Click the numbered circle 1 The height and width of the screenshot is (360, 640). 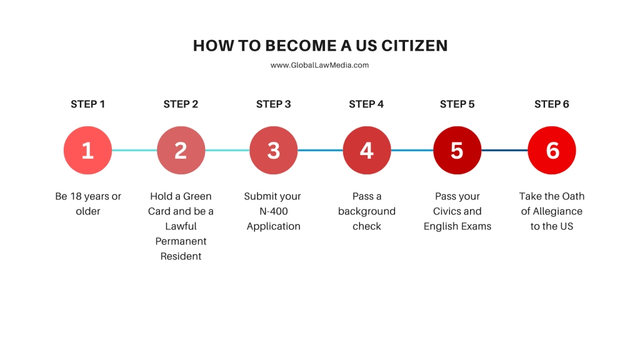point(87,150)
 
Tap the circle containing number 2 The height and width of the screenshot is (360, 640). point(181,150)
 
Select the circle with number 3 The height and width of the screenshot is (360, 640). point(274,150)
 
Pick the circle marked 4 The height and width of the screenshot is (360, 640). point(366,150)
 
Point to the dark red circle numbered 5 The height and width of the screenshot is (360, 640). point(457,150)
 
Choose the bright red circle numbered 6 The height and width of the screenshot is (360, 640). point(552,150)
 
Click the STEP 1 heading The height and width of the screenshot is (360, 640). point(87,104)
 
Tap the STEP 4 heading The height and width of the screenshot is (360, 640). point(366,104)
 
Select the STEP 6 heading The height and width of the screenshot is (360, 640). point(552,104)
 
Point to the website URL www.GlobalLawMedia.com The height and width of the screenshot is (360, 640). point(319,65)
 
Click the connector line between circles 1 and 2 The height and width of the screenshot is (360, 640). point(134,150)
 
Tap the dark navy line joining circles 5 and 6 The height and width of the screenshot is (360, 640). point(504,150)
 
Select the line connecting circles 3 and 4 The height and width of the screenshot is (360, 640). point(320,150)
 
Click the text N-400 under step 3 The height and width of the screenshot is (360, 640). point(274,211)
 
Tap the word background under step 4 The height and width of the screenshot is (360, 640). point(366,211)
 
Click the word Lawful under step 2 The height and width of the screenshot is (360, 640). point(181,226)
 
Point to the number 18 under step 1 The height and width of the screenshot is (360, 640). point(76,196)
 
